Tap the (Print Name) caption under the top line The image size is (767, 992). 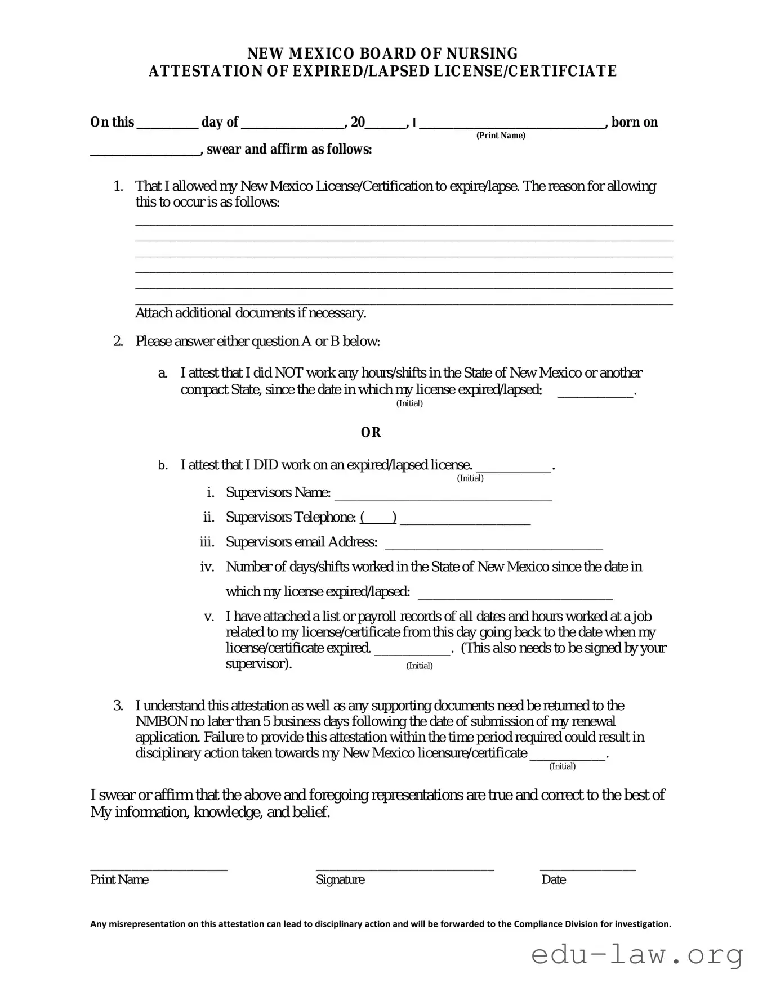(501, 136)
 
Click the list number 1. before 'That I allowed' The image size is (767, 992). (118, 186)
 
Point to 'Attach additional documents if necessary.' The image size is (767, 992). (251, 313)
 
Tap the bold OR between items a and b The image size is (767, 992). (371, 432)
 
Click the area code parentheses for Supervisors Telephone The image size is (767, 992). (378, 517)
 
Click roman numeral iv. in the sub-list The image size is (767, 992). (207, 567)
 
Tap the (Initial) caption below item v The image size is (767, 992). (420, 666)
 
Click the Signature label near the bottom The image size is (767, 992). (340, 880)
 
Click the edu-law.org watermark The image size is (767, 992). (637, 955)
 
